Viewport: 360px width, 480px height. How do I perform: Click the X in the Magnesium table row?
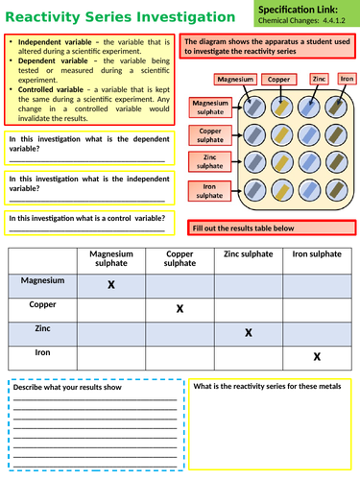[x=111, y=285]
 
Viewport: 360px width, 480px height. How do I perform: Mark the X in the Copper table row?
[x=180, y=308]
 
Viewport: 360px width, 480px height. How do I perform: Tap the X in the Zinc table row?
[x=249, y=332]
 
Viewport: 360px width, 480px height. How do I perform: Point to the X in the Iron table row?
[x=317, y=357]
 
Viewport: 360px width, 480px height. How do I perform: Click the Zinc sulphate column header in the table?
[x=249, y=253]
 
